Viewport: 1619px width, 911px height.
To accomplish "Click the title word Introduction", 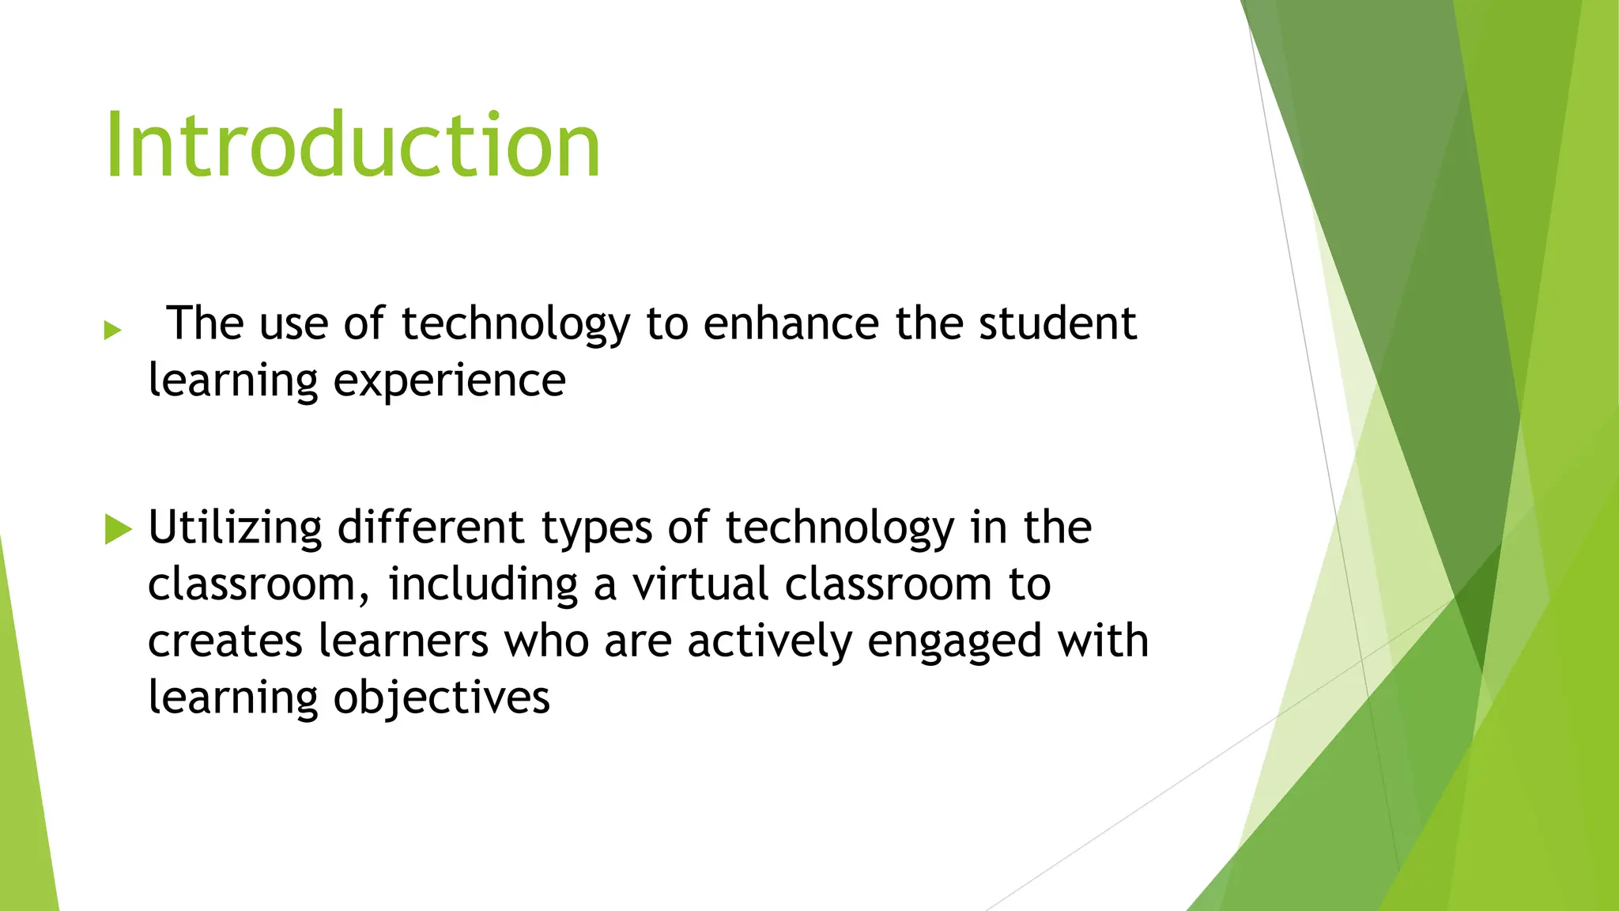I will (353, 146).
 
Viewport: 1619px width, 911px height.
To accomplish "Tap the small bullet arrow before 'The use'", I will (112, 330).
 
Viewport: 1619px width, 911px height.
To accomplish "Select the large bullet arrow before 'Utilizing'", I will (118, 529).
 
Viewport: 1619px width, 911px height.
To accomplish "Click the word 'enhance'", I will (791, 323).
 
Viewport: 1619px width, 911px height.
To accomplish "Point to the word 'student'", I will (1057, 323).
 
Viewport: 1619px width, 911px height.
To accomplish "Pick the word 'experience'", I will (449, 382).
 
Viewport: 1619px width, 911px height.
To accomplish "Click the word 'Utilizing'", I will (235, 528).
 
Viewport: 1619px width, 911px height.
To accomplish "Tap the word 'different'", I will (430, 528).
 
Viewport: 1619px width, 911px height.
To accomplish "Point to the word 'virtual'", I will (700, 584).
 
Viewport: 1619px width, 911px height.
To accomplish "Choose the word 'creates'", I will (225, 641).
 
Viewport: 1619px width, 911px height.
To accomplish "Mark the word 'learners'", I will (403, 641).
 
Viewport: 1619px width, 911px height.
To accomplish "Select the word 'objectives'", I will (441, 699).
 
